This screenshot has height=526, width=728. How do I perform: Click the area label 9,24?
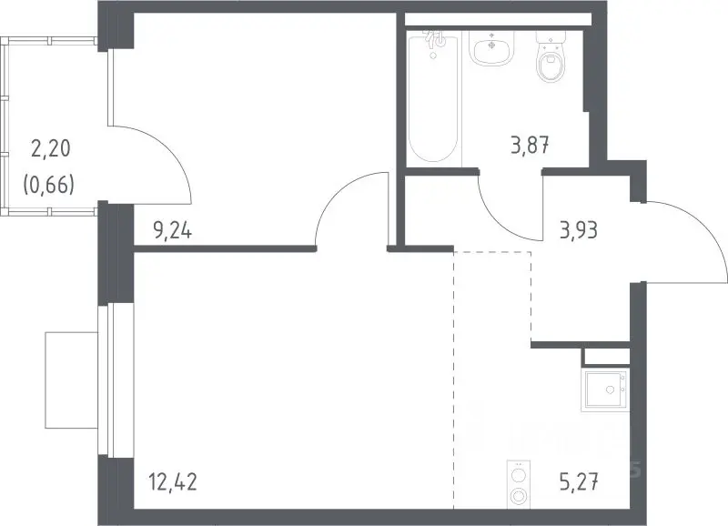[172, 230]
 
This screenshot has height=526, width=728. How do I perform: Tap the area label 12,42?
[173, 481]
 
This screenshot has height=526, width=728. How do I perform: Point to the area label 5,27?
[579, 481]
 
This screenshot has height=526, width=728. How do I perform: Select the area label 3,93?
[579, 230]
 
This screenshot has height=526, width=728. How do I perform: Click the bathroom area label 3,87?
[531, 146]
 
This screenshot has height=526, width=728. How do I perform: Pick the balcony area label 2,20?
[51, 148]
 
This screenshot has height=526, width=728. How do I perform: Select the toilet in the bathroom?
[551, 56]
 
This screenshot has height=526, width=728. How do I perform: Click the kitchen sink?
[605, 390]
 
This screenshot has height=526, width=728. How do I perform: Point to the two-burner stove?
[518, 483]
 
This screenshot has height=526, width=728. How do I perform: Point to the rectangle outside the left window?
[72, 379]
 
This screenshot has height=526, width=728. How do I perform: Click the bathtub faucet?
[435, 40]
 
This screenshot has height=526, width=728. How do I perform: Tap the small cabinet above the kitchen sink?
[606, 357]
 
